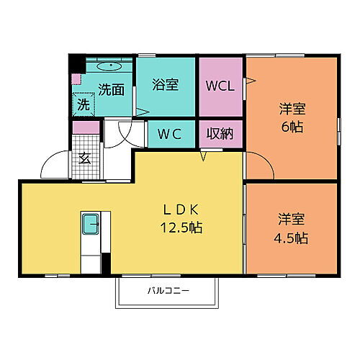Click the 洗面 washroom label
coord(110,90)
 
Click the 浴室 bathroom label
coord(166,84)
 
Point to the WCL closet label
coord(220,86)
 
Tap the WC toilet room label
coord(172,133)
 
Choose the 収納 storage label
coord(220,133)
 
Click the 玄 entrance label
coord(84,158)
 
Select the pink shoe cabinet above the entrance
coord(86,127)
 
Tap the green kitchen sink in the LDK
coord(91,224)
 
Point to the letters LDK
coord(180,210)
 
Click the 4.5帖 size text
coord(292,237)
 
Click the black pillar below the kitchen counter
coord(106,264)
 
